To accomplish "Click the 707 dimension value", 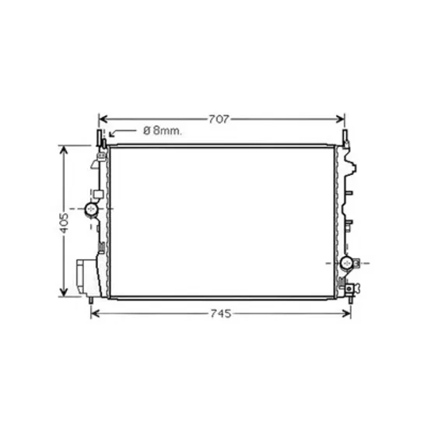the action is pyautogui.click(x=219, y=119).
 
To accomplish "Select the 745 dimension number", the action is pyautogui.click(x=221, y=314).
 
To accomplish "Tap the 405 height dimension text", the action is pyautogui.click(x=64, y=223).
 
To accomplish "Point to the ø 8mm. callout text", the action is pyautogui.click(x=163, y=131).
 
